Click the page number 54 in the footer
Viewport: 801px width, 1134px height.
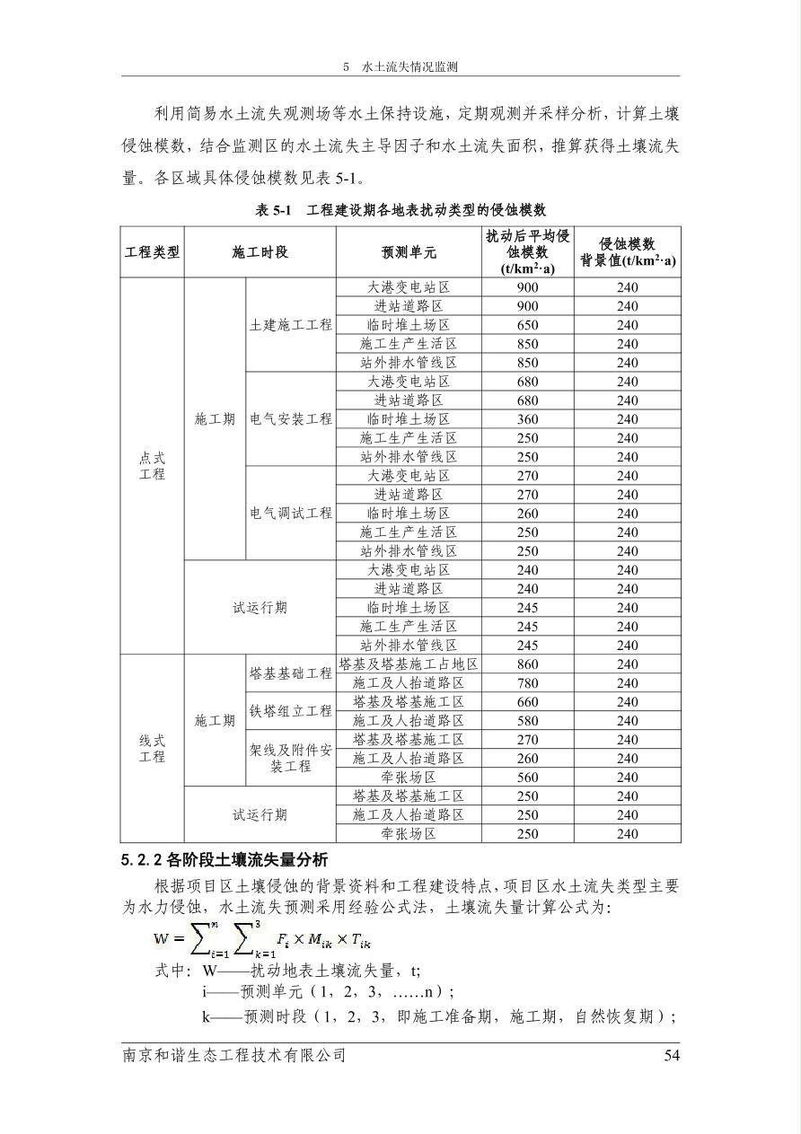coord(672,1055)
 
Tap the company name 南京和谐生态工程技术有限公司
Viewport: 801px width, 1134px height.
coord(233,1055)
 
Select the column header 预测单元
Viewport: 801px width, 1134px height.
coord(409,252)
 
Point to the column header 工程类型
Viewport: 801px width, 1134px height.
coord(152,252)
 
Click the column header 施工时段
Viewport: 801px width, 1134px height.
coord(260,252)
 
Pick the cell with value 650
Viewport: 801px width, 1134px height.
coord(528,325)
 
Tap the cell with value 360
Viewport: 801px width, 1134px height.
coord(528,419)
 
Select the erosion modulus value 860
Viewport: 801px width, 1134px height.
coord(528,664)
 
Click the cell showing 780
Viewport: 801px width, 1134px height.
coord(528,683)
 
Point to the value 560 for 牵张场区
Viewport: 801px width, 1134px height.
coord(528,778)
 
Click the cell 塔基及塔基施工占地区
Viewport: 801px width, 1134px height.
coord(409,664)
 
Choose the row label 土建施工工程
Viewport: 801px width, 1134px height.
coord(291,325)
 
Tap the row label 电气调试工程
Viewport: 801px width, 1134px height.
coord(291,514)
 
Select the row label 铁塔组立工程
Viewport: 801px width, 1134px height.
coord(291,711)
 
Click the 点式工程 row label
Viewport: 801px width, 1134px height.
coord(152,466)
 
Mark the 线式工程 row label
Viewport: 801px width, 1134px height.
coord(152,749)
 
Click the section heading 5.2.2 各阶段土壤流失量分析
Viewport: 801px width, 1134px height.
coord(224,860)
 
